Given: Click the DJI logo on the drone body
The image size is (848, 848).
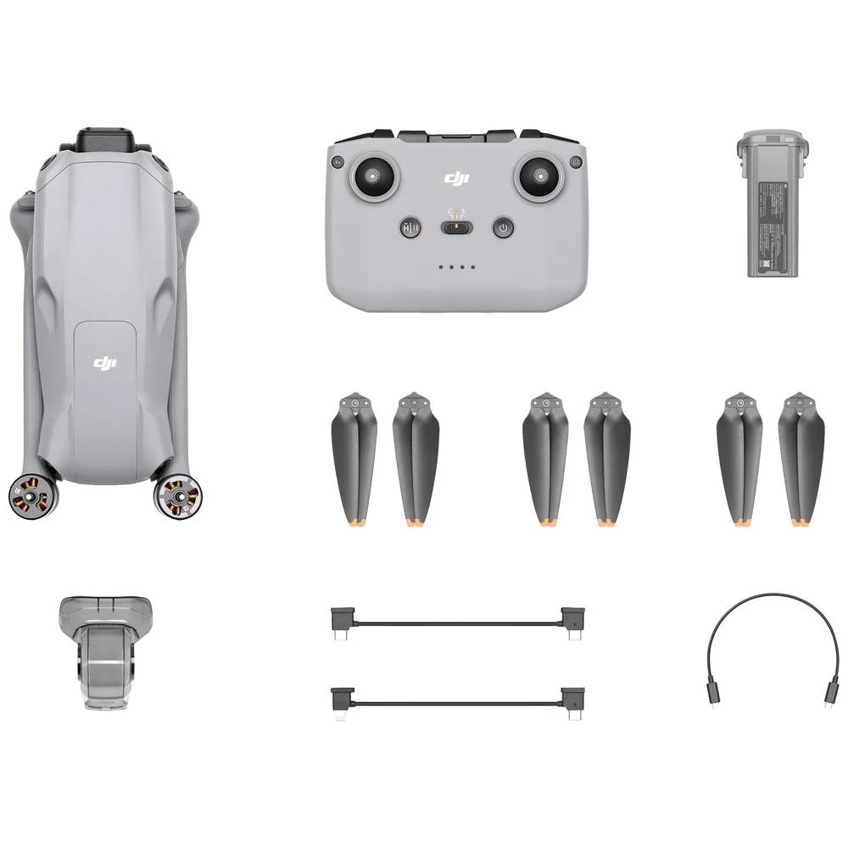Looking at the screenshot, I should click(105, 363).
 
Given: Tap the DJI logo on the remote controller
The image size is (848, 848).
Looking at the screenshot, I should click(455, 178).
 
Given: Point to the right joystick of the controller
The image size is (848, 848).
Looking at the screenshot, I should click(538, 177).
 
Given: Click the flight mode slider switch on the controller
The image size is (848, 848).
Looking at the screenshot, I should click(455, 227).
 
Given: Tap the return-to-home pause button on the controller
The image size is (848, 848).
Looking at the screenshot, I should click(410, 227).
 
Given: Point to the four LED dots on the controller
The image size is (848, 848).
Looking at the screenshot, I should click(456, 267).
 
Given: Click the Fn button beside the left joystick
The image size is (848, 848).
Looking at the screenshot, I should click(337, 160).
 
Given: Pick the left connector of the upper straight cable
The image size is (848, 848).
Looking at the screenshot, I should click(343, 625).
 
